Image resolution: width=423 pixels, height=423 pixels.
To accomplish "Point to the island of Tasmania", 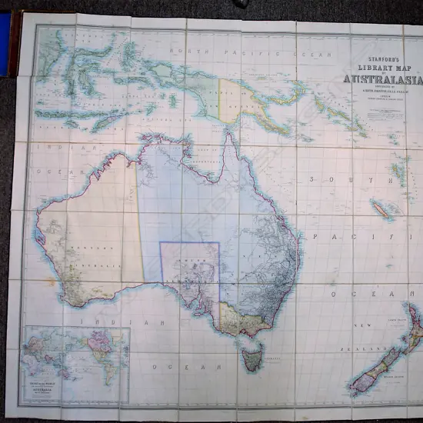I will (251, 358).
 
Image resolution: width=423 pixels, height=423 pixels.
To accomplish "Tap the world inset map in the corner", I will (75, 365).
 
